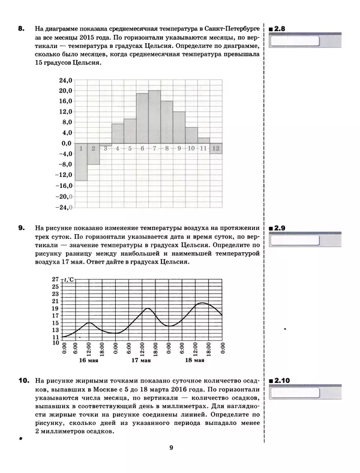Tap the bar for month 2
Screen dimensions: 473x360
tap(93, 154)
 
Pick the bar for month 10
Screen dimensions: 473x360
tap(191, 135)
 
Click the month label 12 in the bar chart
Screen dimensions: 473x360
tap(216, 148)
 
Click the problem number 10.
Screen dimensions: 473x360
tap(23, 381)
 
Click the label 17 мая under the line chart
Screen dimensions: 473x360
tap(142, 361)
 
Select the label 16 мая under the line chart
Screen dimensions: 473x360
tap(89, 361)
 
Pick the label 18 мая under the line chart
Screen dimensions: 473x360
tap(195, 361)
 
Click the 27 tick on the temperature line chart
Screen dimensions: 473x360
tap(55, 280)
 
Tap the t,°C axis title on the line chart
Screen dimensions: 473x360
tap(69, 279)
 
